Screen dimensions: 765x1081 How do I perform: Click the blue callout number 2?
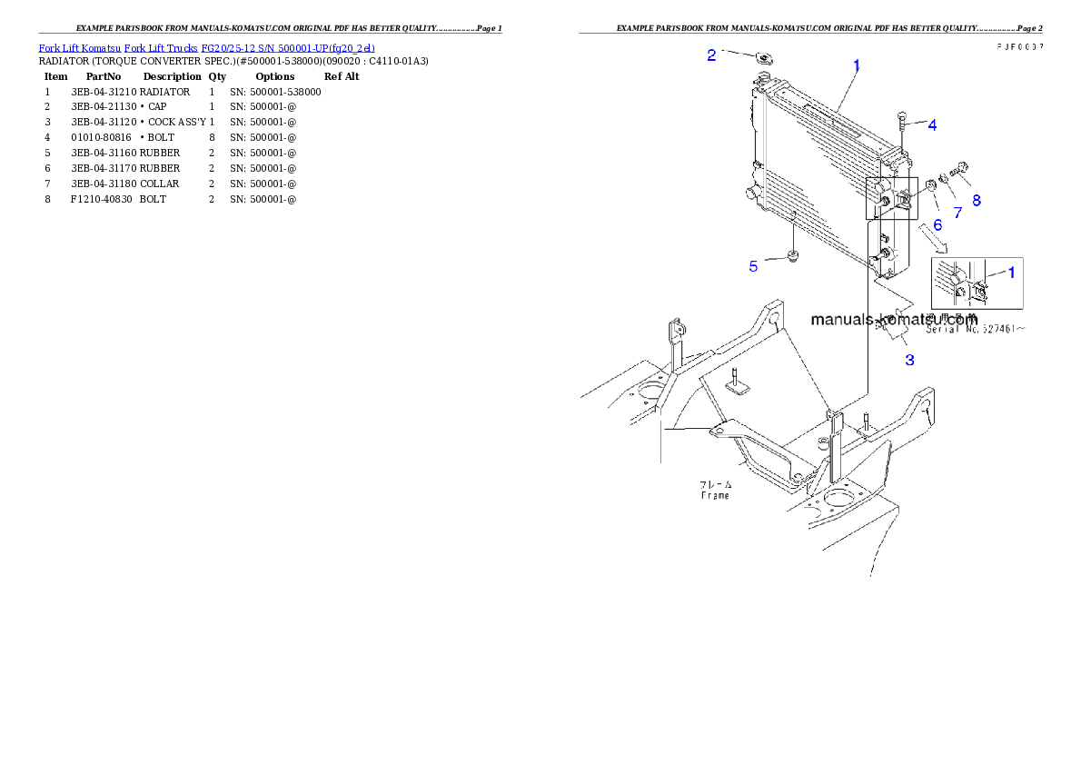[x=711, y=55]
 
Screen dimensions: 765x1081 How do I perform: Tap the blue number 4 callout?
[x=932, y=125]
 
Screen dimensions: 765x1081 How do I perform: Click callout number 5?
[x=753, y=266]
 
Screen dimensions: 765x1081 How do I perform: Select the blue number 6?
[x=937, y=224]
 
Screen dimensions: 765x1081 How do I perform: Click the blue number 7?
[x=957, y=213]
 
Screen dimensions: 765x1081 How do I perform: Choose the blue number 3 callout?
[x=908, y=360]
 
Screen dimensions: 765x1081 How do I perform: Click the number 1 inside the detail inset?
[x=1012, y=271]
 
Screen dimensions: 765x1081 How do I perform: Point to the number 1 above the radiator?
[x=856, y=65]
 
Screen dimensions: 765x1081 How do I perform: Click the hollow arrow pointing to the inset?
[x=934, y=239]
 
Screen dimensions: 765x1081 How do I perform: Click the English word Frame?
[x=715, y=496]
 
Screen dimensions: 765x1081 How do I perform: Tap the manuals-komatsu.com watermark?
[x=894, y=320]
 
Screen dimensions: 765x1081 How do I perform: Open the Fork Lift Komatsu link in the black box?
[x=207, y=47]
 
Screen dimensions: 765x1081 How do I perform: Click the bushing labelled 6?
[x=931, y=188]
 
